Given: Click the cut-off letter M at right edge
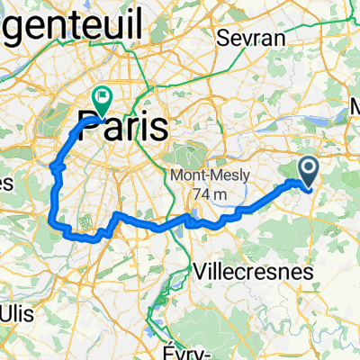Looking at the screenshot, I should click(354, 105).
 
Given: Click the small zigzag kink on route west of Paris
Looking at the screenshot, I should click(56, 166).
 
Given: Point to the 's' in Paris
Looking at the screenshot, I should click(158, 127).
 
